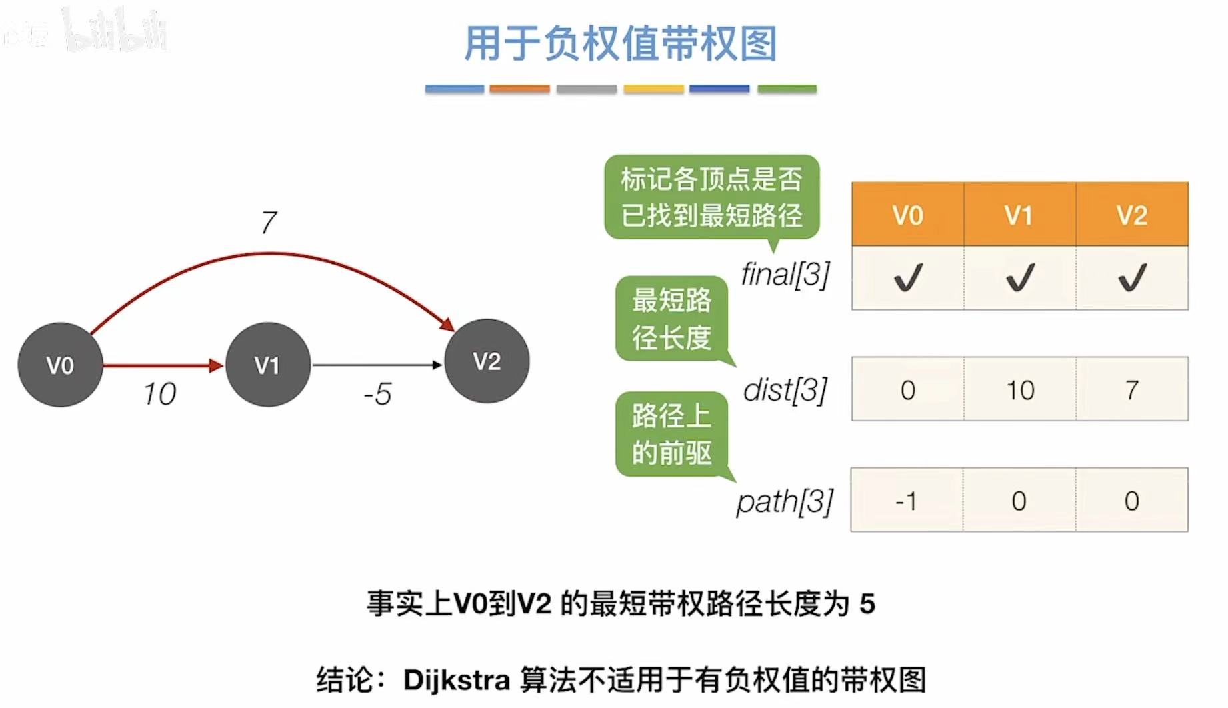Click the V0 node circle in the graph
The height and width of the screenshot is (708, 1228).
coord(60,365)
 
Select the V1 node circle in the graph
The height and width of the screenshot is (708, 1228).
coord(268,365)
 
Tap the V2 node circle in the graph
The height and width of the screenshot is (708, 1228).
coord(487,361)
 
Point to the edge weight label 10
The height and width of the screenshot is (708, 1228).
coord(159,394)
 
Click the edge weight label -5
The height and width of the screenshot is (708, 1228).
coord(377,394)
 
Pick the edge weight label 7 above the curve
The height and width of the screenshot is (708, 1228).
coord(269,223)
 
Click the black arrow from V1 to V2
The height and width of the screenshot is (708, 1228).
coord(377,365)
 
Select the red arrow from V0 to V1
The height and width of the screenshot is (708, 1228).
coord(163,365)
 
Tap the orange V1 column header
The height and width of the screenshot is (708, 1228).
coord(1019,215)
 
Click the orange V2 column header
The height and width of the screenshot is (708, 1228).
coord(1132,215)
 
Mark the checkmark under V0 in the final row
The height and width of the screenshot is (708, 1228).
coord(908,277)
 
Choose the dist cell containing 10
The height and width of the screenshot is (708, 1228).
coord(1019,389)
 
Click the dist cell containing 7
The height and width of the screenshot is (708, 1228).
coord(1132,389)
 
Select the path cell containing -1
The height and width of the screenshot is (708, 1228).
coord(907,500)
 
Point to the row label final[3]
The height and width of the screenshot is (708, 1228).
coord(785,274)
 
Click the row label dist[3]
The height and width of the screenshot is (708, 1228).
coord(785,390)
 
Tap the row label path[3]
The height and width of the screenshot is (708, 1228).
coord(785,501)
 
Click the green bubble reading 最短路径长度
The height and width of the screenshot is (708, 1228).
coord(671,319)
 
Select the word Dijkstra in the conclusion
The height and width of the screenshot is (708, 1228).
coord(457,680)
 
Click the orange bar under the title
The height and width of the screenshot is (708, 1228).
coord(519,89)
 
